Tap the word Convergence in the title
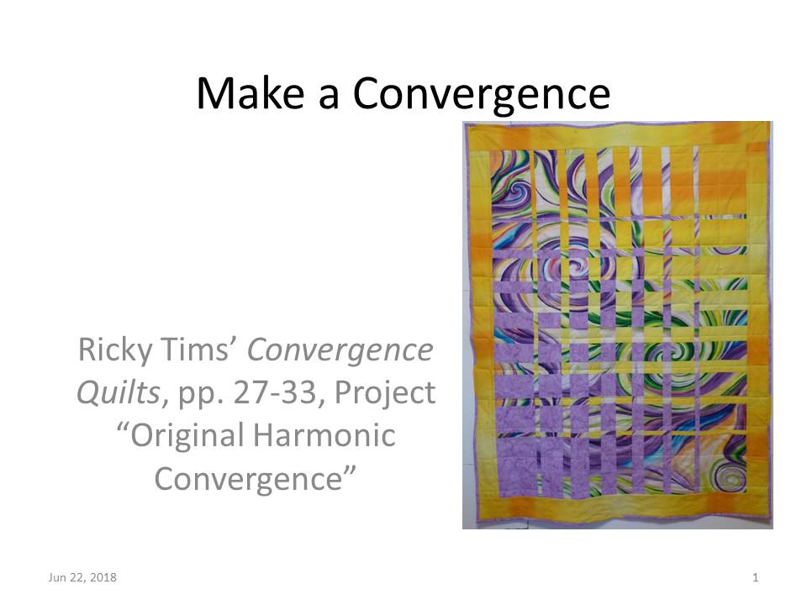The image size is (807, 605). tap(481, 93)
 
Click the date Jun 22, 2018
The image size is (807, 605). tap(82, 577)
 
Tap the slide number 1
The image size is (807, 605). tap(756, 577)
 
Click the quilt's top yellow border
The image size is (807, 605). tap(618, 134)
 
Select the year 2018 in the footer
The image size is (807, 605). tap(103, 577)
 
